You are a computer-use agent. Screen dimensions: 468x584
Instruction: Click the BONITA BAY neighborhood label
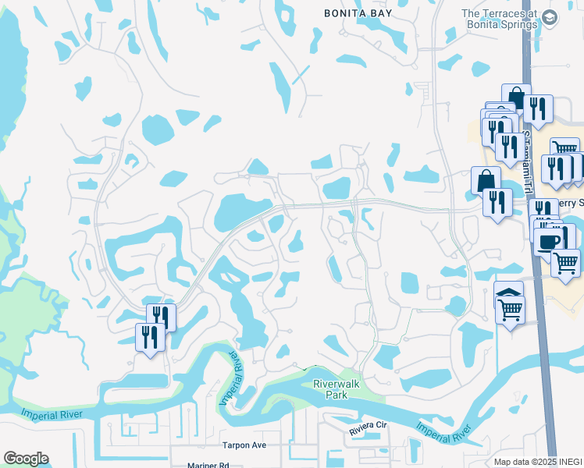[x=360, y=12]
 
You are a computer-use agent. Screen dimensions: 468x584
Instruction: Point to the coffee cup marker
[x=550, y=239]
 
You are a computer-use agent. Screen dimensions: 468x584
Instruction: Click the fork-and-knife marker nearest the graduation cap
[x=536, y=108]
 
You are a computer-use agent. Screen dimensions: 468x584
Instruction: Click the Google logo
[x=26, y=459]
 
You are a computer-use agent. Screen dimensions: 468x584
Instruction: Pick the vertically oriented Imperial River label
[x=231, y=378]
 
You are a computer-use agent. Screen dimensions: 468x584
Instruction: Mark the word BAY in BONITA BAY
[x=382, y=12]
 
